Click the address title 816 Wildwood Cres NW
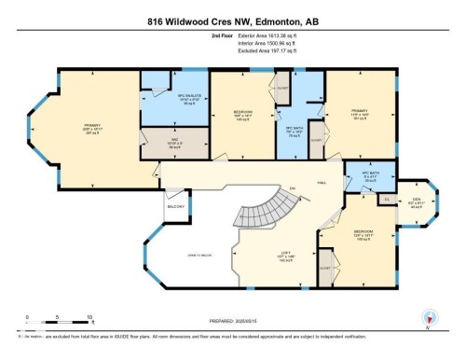tap(232, 21)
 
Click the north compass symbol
tap(429, 315)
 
